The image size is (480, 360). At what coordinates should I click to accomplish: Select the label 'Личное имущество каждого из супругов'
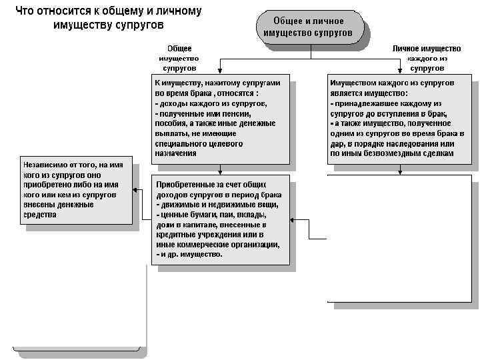pyautogui.click(x=427, y=58)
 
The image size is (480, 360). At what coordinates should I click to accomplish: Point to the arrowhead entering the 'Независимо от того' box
pyautogui.click(x=135, y=190)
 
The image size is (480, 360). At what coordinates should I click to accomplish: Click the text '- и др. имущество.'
pyautogui.click(x=189, y=254)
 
